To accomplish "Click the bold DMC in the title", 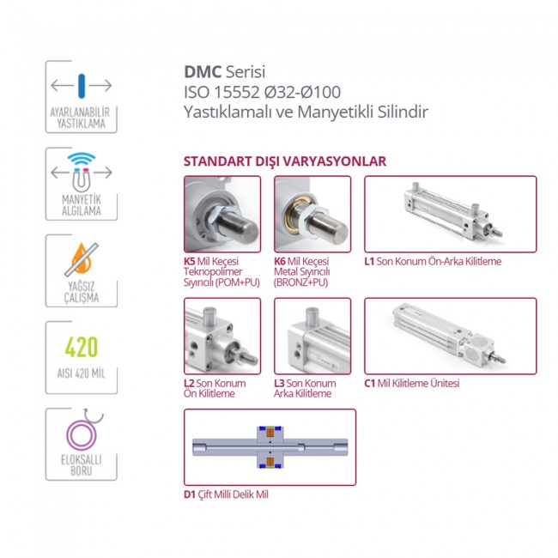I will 203,73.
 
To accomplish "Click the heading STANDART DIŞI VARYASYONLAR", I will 284,161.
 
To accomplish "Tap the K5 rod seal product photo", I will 222,214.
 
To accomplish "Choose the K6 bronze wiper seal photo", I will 312,214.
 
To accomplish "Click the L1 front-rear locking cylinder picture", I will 450,214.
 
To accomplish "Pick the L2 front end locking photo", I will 222,336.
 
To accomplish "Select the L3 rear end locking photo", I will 312,336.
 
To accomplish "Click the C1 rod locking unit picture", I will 450,336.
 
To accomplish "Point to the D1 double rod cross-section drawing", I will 270,447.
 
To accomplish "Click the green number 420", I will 82,348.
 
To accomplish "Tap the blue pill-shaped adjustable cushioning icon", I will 82,85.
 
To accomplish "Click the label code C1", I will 370,384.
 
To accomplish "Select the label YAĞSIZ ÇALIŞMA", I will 82,293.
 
